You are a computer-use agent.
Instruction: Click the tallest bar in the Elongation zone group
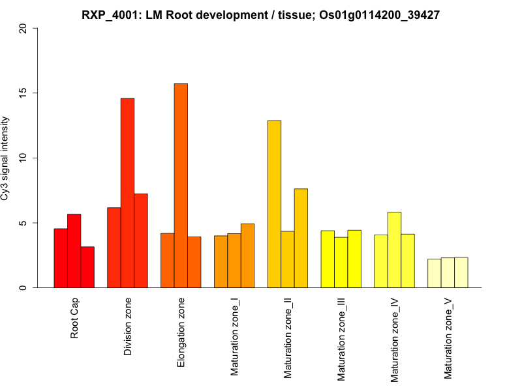coord(181,186)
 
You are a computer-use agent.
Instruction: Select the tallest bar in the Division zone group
coord(127,193)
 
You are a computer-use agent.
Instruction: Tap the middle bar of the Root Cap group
coord(74,251)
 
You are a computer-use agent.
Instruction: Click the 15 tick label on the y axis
coord(24,93)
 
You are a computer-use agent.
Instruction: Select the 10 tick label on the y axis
coord(24,158)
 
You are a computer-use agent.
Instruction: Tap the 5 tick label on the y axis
coord(24,223)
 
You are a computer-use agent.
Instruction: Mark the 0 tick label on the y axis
coord(24,287)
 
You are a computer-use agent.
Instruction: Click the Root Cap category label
coord(74,319)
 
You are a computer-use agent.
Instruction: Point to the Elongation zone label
coord(181,332)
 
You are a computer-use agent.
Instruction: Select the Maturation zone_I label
coord(235,337)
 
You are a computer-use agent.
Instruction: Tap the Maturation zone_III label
coord(341,340)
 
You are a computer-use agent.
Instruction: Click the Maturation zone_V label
coord(448,339)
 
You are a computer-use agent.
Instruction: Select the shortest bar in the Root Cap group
coord(87,267)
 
